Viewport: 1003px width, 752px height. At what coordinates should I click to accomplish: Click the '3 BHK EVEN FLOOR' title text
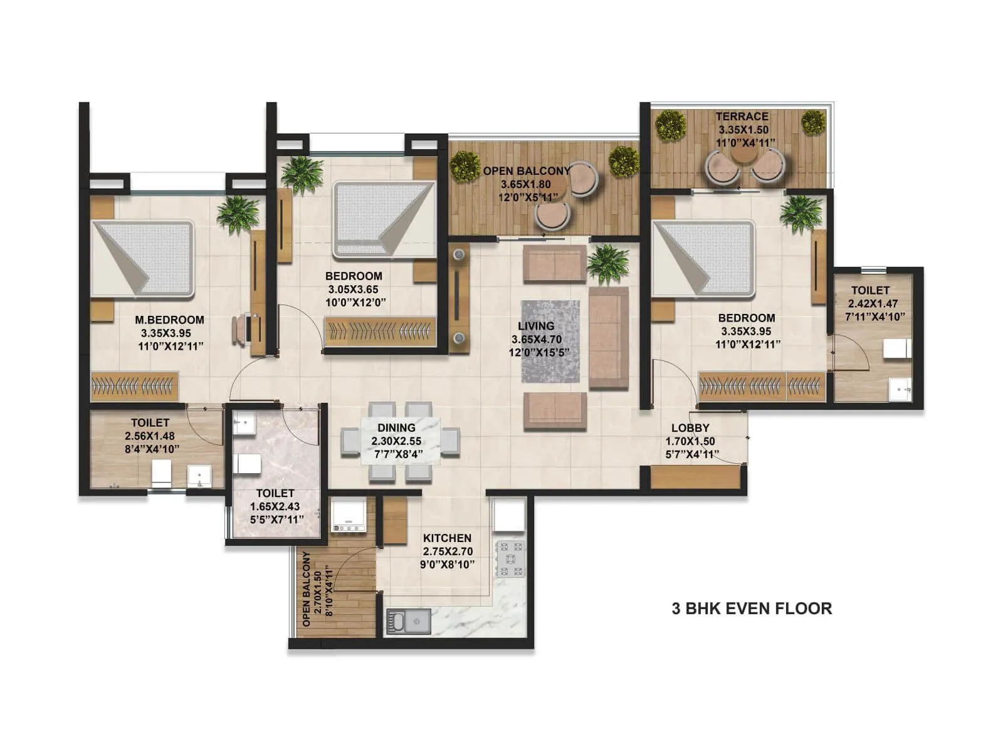[x=752, y=608]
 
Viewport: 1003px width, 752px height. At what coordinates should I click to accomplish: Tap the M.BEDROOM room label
[x=169, y=320]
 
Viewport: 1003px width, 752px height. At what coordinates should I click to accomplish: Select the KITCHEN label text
[x=447, y=538]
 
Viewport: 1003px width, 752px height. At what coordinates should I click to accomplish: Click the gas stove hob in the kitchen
[x=510, y=558]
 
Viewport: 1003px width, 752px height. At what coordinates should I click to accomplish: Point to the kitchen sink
[x=408, y=622]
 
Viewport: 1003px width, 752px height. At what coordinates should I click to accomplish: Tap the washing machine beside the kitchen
[x=349, y=515]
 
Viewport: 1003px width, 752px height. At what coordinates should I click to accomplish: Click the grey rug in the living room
[x=550, y=342]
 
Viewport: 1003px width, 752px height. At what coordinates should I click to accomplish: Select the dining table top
[x=400, y=441]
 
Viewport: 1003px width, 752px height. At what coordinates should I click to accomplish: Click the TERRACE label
[x=742, y=116]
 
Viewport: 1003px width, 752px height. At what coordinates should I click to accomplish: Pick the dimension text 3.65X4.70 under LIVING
[x=537, y=340]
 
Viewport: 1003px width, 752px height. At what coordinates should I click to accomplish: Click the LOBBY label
[x=690, y=428]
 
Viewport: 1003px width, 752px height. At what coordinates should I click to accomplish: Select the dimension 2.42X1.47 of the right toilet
[x=873, y=303]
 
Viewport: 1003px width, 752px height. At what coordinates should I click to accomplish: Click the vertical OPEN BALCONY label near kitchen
[x=307, y=589]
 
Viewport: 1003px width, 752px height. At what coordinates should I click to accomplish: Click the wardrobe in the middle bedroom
[x=380, y=331]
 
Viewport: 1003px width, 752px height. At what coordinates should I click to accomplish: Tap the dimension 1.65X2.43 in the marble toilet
[x=275, y=506]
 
